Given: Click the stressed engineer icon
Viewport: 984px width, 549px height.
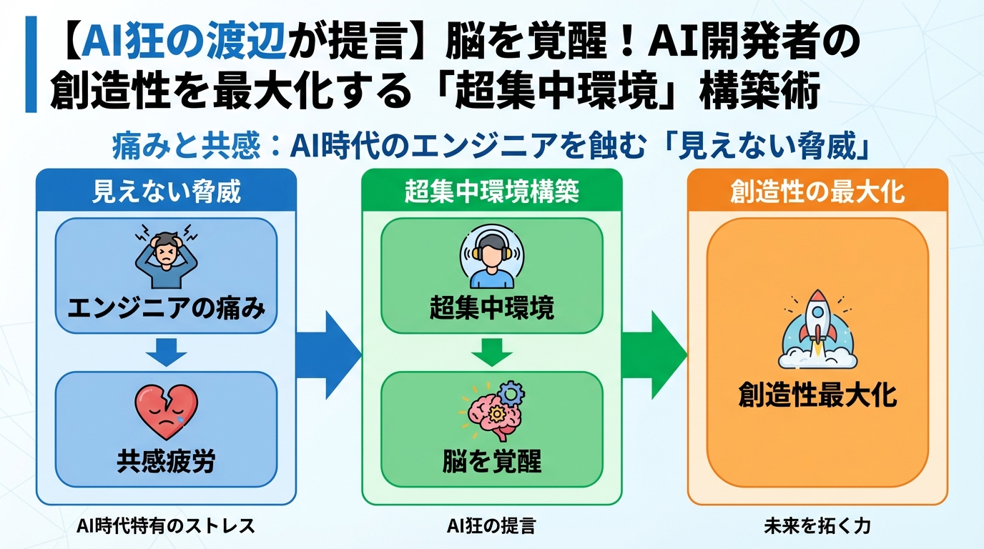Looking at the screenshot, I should pos(166,255).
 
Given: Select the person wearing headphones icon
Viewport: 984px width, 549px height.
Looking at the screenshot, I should pos(491,255).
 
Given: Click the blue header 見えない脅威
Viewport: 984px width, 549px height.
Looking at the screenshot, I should pos(166,192).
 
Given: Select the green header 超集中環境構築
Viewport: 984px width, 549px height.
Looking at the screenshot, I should pos(491,192).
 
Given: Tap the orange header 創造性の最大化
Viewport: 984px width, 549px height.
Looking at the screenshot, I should pos(817,192).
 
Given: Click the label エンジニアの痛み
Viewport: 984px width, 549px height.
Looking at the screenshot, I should pos(166,309).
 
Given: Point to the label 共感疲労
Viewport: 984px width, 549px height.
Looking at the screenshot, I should pos(166,461).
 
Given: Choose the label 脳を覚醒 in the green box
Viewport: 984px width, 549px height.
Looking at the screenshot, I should pos(491,461).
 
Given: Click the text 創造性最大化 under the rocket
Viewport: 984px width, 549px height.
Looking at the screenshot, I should pos(817,395).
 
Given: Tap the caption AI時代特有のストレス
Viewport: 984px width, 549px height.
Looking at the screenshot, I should pos(166,527).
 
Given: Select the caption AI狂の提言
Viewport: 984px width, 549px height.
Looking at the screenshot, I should pos(491,527).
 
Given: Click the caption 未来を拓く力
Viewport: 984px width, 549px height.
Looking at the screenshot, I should pos(817,527).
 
